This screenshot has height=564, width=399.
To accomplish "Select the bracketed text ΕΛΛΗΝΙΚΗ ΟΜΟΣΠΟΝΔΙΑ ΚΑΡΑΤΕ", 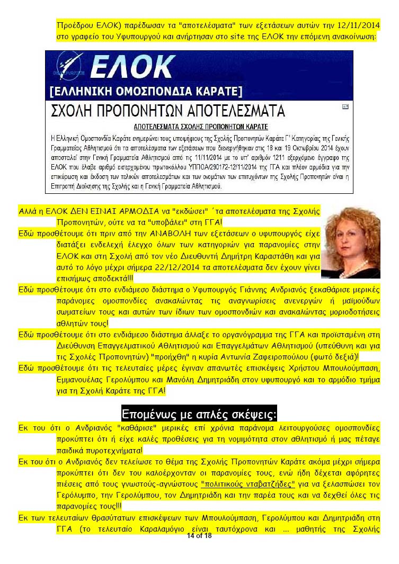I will pyautogui.click(x=145, y=91).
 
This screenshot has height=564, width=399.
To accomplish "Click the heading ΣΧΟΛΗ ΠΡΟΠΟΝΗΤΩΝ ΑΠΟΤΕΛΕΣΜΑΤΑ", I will pyautogui.click(x=167, y=111).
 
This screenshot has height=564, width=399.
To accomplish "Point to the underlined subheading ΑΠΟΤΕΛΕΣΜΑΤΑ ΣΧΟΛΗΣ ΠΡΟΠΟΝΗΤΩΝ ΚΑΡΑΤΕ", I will pyautogui.click(x=200, y=127).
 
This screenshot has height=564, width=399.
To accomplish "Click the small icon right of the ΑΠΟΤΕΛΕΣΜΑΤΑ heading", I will pyautogui.click(x=345, y=106).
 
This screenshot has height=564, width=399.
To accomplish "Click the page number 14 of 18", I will pyautogui.click(x=199, y=536).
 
